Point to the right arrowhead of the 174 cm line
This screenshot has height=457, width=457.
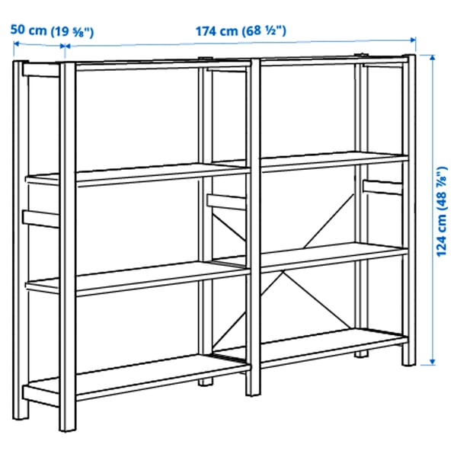coord(414,44)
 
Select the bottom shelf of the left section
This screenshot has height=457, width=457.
coord(137,381)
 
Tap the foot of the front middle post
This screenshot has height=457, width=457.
coord(252,390)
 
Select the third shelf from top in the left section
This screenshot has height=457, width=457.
coord(137,278)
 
